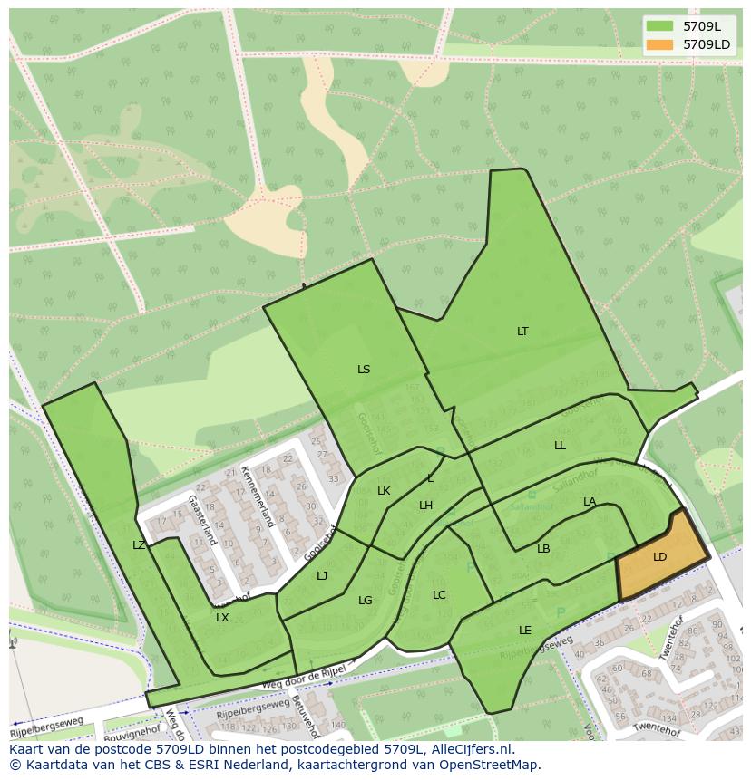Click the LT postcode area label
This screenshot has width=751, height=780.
pyautogui.click(x=522, y=332)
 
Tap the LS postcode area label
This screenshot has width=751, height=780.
pyautogui.click(x=364, y=370)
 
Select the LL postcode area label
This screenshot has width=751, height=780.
pyautogui.click(x=560, y=446)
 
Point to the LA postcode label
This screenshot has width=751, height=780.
pyautogui.click(x=590, y=502)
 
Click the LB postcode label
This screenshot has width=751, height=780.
pyautogui.click(x=543, y=549)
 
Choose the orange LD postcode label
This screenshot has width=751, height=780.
pyautogui.click(x=659, y=557)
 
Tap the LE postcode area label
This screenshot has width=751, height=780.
pyautogui.click(x=525, y=631)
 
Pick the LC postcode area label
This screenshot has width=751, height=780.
pyautogui.click(x=439, y=595)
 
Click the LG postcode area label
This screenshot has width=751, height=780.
pyautogui.click(x=365, y=601)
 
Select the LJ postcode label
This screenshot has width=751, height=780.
pyautogui.click(x=322, y=576)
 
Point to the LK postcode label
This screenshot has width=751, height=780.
pyautogui.click(x=384, y=491)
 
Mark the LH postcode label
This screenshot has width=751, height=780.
pyautogui.click(x=425, y=506)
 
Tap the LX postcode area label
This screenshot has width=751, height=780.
pyautogui.click(x=222, y=618)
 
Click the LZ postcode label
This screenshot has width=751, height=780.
pyautogui.click(x=139, y=545)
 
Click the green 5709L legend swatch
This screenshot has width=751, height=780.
pyautogui.click(x=659, y=26)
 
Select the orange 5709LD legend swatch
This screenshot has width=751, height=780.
pyautogui.click(x=659, y=44)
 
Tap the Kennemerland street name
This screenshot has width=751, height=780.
pyautogui.click(x=257, y=496)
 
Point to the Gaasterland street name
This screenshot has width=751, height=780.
pyautogui.click(x=204, y=520)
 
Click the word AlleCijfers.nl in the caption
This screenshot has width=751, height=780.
pyautogui.click(x=472, y=750)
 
